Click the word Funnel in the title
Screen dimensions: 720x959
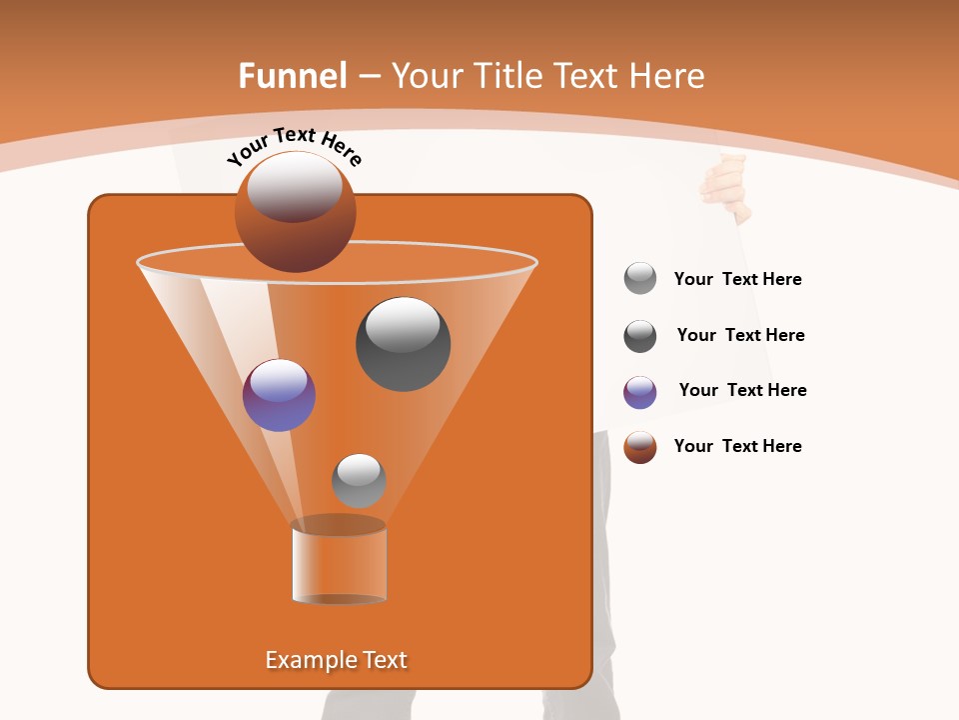pyautogui.click(x=292, y=76)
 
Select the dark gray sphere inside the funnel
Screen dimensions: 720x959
pyautogui.click(x=403, y=344)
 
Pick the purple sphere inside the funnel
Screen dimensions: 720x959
pyautogui.click(x=279, y=395)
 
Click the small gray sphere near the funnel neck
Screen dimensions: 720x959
pyautogui.click(x=359, y=480)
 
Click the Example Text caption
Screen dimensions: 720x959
pyautogui.click(x=336, y=660)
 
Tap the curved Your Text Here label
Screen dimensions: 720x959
pyautogui.click(x=294, y=146)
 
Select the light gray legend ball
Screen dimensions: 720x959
pyautogui.click(x=640, y=278)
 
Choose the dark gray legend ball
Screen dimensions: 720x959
pyautogui.click(x=640, y=336)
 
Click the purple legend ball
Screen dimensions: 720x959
pyautogui.click(x=640, y=392)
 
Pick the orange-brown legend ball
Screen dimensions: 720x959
pyautogui.click(x=640, y=447)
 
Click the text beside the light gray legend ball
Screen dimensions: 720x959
pyautogui.click(x=737, y=280)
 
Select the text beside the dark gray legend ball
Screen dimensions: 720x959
pyautogui.click(x=740, y=336)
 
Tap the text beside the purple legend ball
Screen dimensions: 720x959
pyautogui.click(x=742, y=391)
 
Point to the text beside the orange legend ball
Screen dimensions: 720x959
pyautogui.click(x=737, y=447)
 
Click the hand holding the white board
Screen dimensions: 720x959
pyautogui.click(x=727, y=186)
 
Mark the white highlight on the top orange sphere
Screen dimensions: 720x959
pyautogui.click(x=295, y=187)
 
